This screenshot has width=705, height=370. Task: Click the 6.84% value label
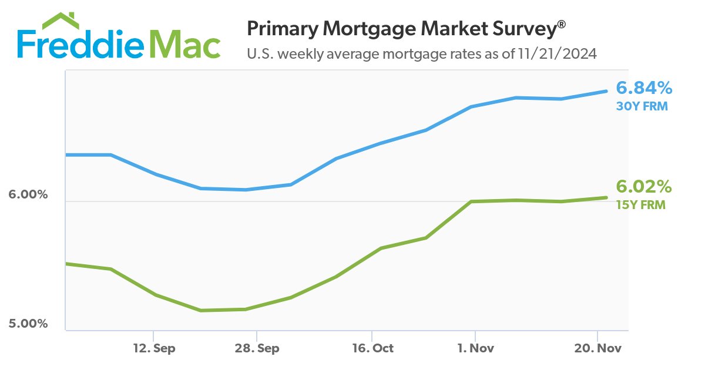(643, 88)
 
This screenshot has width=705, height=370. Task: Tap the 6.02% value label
(643, 187)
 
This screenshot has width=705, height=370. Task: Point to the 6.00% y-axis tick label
(28, 194)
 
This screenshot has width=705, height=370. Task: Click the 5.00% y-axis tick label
(28, 324)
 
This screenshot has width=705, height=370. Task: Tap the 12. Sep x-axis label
(154, 348)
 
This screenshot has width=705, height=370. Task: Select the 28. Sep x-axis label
(257, 348)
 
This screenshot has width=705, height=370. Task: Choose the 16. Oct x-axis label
(372, 348)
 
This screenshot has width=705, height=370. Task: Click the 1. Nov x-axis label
(475, 348)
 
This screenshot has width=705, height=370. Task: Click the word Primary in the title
(278, 29)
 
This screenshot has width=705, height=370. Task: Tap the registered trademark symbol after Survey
(562, 23)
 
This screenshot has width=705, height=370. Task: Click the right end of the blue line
(606, 91)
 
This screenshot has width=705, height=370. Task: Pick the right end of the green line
(606, 197)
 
